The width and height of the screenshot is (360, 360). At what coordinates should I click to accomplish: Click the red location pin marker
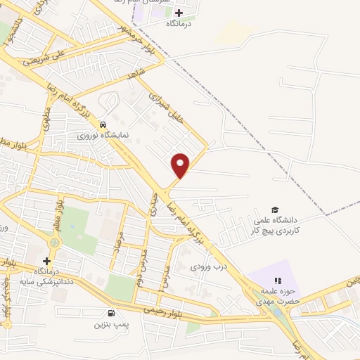[181, 165]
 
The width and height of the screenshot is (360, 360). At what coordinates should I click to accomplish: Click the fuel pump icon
[110, 314]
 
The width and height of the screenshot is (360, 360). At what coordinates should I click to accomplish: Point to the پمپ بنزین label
[109, 326]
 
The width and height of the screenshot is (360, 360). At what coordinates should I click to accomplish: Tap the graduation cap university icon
[276, 210]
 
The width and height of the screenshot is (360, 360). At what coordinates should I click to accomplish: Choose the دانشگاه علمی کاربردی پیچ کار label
[276, 226]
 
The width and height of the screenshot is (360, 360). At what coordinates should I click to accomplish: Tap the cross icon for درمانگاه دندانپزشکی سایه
[46, 261]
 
